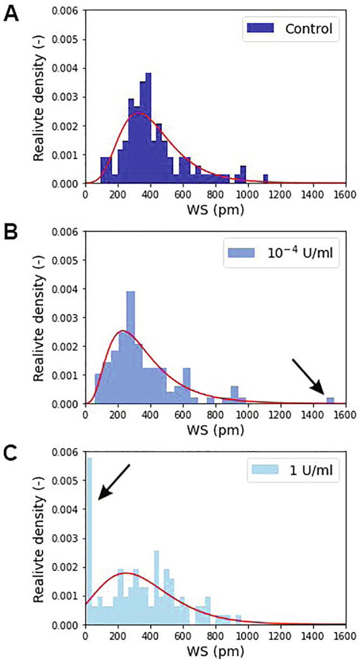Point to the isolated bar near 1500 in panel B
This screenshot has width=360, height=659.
[x=330, y=401]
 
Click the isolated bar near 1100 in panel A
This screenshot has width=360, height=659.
[x=265, y=179]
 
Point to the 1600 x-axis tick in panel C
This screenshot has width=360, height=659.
[x=345, y=636]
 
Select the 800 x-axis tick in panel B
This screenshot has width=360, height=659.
[x=215, y=415]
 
